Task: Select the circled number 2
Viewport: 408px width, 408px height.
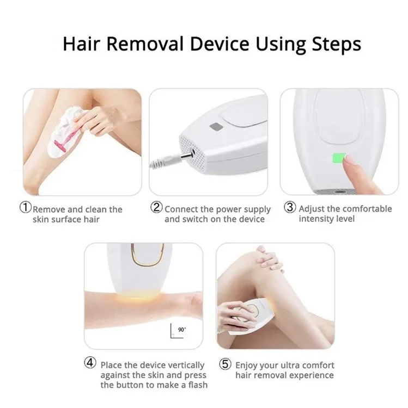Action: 156,208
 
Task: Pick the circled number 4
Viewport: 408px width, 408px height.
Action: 92,364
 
